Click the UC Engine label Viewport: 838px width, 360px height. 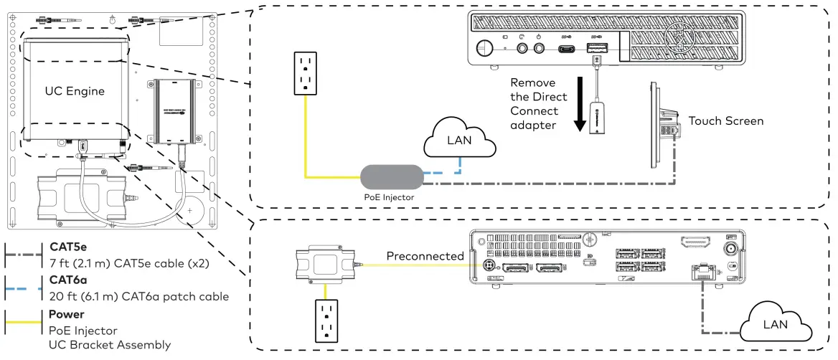[75, 91]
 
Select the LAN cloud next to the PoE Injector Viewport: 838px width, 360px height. [459, 141]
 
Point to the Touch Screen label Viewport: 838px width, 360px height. [726, 120]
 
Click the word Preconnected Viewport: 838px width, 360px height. [425, 256]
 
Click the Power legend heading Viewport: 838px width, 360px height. [66, 314]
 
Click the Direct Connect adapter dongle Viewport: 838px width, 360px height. [596, 117]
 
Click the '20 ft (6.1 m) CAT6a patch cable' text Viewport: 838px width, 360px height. [138, 296]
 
